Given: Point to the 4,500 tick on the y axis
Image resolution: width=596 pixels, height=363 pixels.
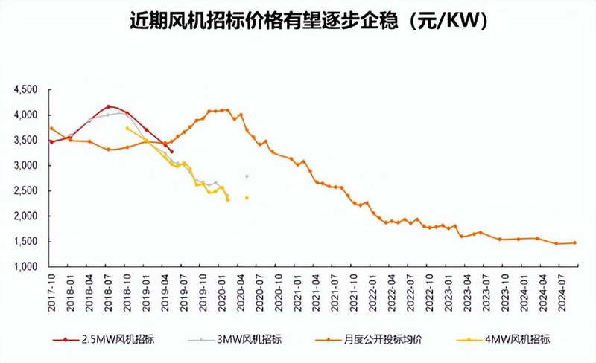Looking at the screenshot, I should (26, 90).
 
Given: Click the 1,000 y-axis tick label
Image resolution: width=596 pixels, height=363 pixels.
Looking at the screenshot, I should (26, 266).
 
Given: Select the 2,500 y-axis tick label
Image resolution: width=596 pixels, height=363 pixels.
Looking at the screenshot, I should (26, 191).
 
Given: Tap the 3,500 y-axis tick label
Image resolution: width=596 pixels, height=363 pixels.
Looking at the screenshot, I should (26, 141).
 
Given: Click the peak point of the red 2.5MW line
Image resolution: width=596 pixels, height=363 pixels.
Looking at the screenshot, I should (109, 107).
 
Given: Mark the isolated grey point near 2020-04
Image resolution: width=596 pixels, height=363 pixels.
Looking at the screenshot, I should (247, 176).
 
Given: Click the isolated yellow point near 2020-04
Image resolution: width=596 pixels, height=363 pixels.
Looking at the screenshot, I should (247, 198).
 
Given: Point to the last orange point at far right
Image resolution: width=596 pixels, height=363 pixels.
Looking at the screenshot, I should (574, 242).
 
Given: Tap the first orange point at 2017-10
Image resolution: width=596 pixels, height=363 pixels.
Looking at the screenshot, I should (51, 128).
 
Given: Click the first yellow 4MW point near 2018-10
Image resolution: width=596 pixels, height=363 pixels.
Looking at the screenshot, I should (127, 129).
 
